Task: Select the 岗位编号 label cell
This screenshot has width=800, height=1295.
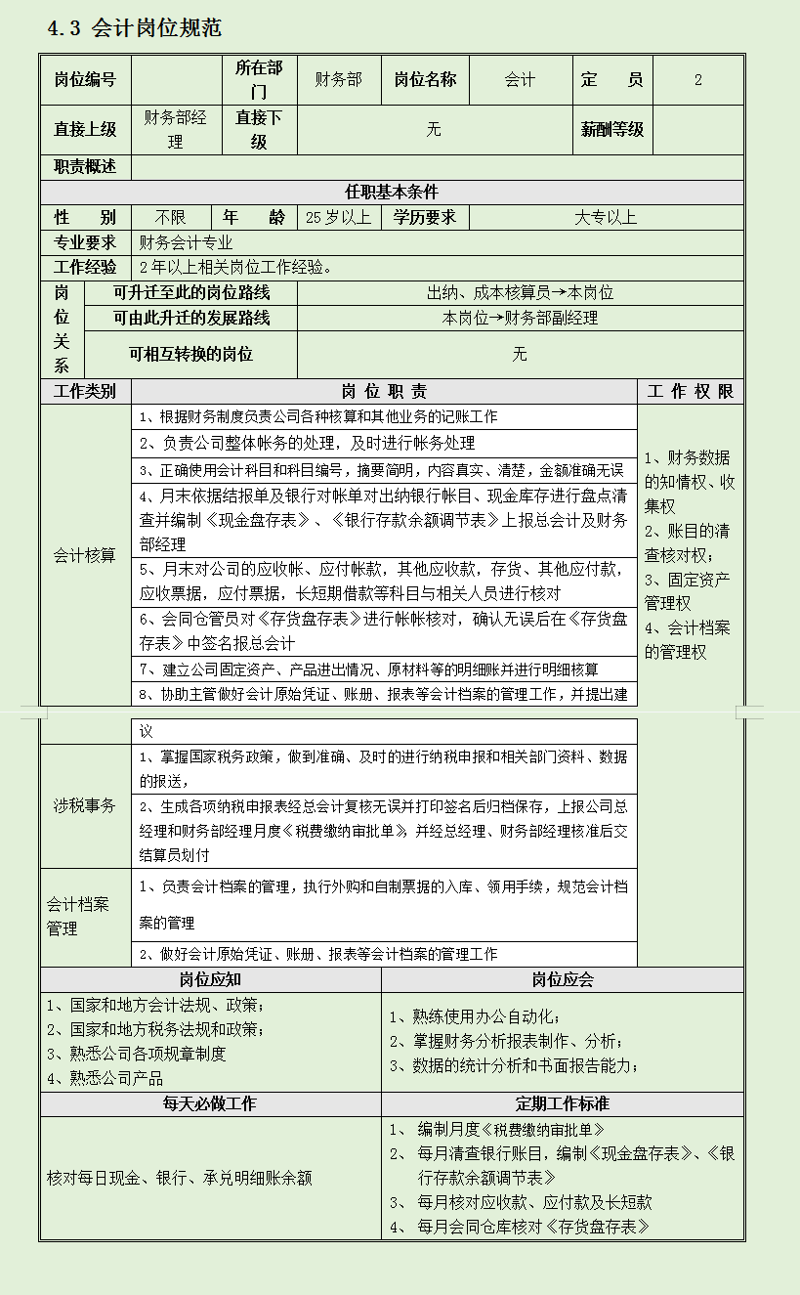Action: coord(85,80)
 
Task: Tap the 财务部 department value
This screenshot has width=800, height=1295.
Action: coord(338,80)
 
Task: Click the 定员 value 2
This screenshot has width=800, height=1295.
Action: coord(697,80)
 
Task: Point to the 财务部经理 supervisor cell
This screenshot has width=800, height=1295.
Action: coord(175,130)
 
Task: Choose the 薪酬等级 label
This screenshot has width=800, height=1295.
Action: coord(611,130)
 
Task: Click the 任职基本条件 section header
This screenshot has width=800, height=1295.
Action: coord(391,193)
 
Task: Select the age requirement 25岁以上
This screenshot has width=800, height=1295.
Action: coord(338,217)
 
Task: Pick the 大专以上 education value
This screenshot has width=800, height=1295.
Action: coord(605,217)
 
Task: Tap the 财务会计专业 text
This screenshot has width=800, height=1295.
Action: coord(186,242)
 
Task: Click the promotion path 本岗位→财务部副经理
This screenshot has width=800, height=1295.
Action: coord(520,318)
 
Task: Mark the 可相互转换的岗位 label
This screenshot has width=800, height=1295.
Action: coord(190,354)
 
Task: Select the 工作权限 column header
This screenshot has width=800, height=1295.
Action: coord(690,392)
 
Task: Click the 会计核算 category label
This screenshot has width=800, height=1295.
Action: coord(84,555)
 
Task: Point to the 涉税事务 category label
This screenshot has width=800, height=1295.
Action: coord(84,806)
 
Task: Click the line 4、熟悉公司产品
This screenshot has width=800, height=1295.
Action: coord(105,1079)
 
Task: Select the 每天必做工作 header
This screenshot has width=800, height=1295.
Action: coord(210,1104)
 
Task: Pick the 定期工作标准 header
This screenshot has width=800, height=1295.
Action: coord(562,1104)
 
